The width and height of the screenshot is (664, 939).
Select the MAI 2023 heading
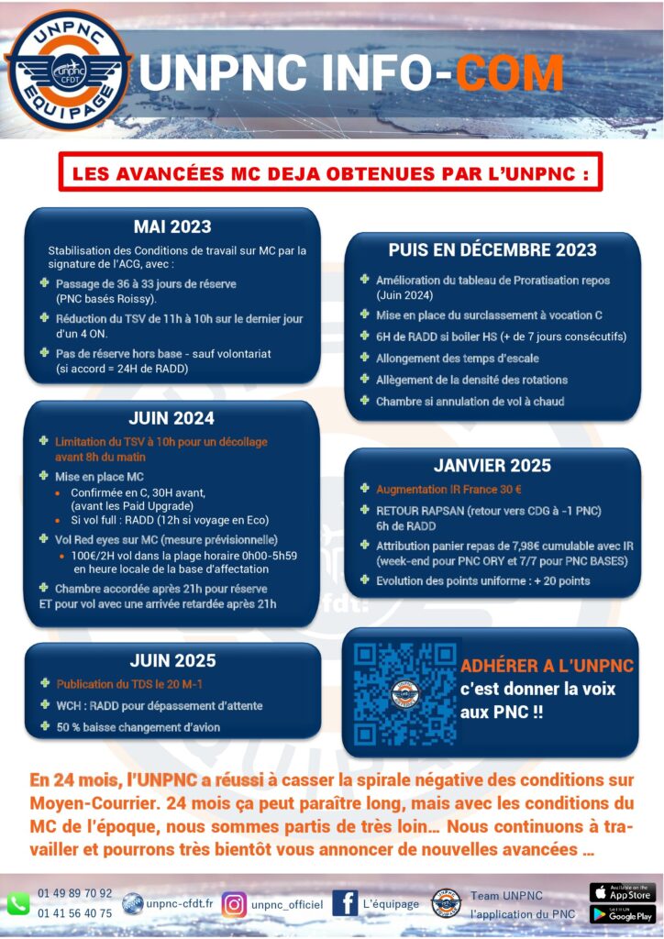(x=172, y=226)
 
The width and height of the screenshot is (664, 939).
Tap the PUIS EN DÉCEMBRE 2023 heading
(x=492, y=249)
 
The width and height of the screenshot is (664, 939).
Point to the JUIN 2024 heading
(x=172, y=418)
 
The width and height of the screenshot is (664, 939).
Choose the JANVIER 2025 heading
(x=492, y=465)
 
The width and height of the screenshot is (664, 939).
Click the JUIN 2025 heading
(x=172, y=660)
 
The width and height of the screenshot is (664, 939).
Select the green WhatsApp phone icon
(x=17, y=903)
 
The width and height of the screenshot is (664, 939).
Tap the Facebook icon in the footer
(x=345, y=903)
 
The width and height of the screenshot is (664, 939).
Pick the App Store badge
(x=622, y=892)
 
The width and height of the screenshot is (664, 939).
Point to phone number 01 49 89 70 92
(x=75, y=893)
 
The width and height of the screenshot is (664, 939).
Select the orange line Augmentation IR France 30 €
(x=448, y=490)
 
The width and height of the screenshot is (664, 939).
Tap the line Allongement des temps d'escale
(x=457, y=358)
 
